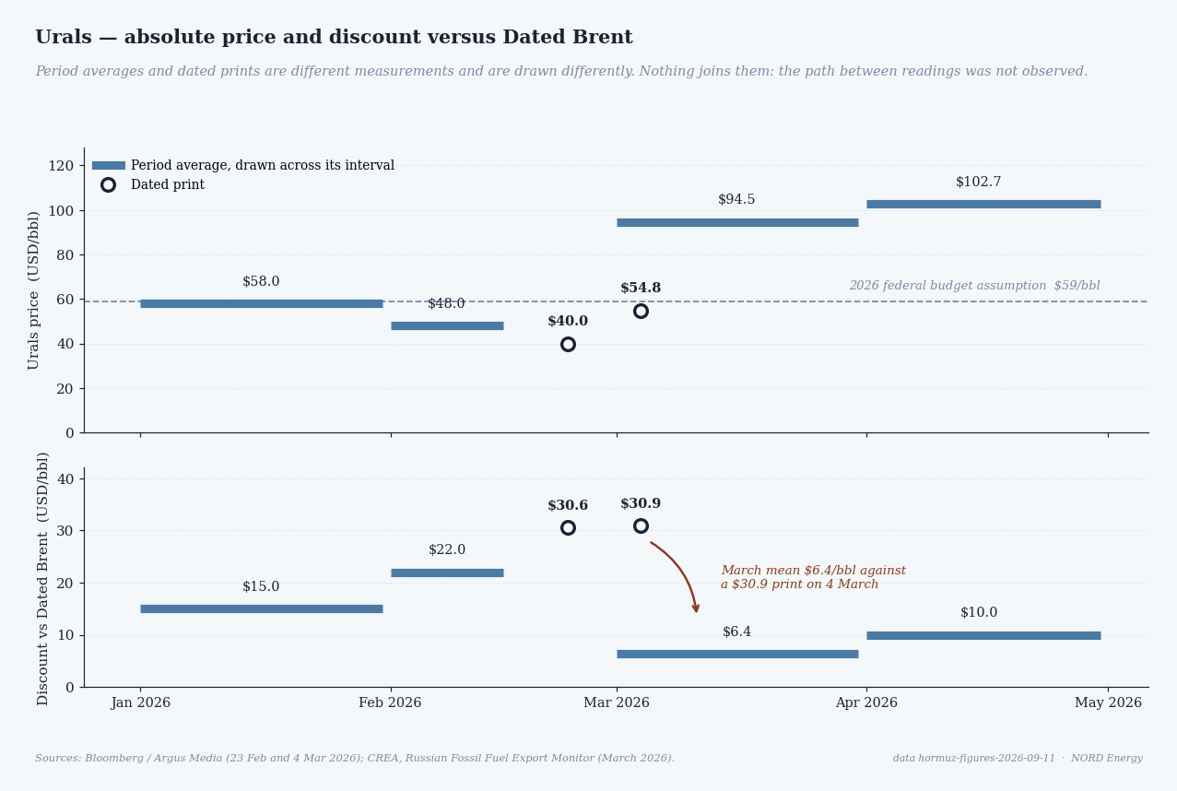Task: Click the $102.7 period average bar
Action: [x=983, y=204]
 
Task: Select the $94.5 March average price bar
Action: [x=737, y=222]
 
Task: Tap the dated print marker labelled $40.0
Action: [x=568, y=344]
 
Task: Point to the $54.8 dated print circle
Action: [x=641, y=311]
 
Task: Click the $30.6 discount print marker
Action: [x=568, y=527]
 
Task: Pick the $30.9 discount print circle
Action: [x=641, y=526]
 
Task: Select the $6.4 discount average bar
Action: [x=737, y=654]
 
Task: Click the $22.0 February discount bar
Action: [x=447, y=573]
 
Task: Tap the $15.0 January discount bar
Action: [x=262, y=608]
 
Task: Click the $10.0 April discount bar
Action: [x=983, y=635]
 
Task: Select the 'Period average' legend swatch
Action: [x=109, y=166]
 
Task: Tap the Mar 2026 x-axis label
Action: [x=617, y=702]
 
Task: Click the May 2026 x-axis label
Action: [x=1108, y=702]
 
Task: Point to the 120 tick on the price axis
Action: [x=61, y=166]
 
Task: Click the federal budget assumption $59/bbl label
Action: [x=975, y=286]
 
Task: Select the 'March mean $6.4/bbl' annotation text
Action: [x=813, y=577]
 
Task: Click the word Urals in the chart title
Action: [x=63, y=37]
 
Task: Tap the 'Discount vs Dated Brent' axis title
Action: [x=42, y=579]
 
